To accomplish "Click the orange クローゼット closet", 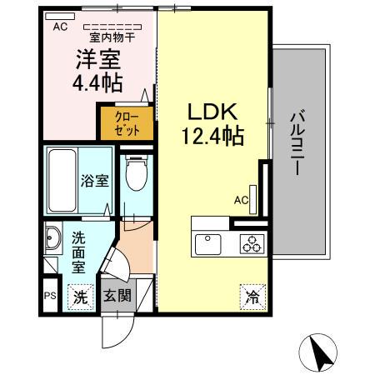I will pyautogui.click(x=127, y=123).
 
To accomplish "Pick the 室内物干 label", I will pyautogui.click(x=112, y=37).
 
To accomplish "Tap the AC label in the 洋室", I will pyautogui.click(x=60, y=27).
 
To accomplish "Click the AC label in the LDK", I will pyautogui.click(x=241, y=200).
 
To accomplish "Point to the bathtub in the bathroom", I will pyautogui.click(x=61, y=178).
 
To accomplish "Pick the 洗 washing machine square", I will pyautogui.click(x=79, y=295).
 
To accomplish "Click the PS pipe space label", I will pyautogui.click(x=49, y=296).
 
